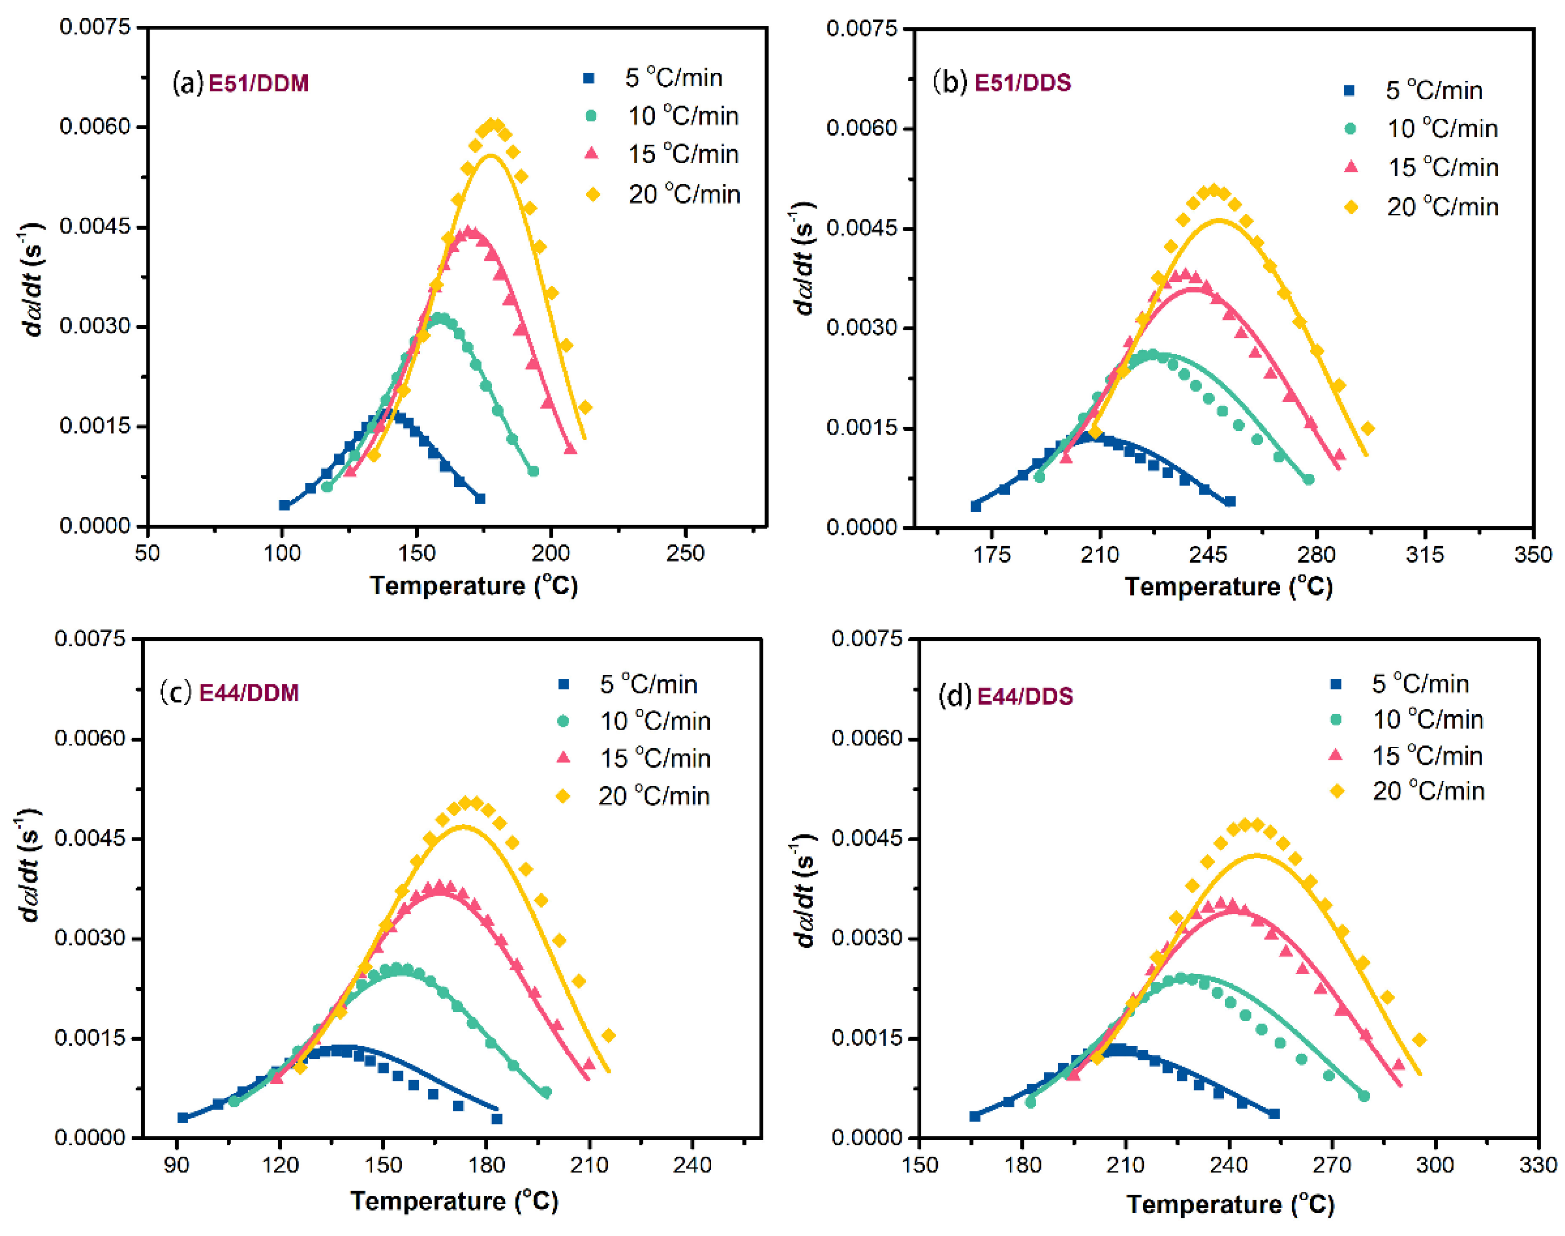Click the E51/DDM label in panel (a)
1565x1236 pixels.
coord(258,84)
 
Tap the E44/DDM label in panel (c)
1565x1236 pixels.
coord(248,693)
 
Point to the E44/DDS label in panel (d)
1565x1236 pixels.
coord(1025,696)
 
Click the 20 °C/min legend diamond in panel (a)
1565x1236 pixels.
coord(592,194)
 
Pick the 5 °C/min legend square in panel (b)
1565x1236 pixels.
coord(1349,90)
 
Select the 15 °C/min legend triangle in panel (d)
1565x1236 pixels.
coord(1336,755)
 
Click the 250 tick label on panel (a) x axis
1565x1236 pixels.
coord(684,553)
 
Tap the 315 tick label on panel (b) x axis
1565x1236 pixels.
coord(1424,554)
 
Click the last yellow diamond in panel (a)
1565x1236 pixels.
coord(585,407)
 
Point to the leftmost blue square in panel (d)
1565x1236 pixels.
coord(974,1116)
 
